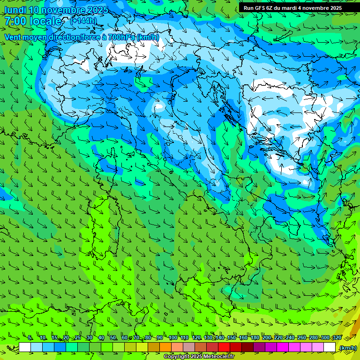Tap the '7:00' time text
[x=15, y=21]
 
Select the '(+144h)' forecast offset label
[x=83, y=21]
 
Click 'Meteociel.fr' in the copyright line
[x=216, y=357]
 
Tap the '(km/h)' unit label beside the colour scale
[x=347, y=348]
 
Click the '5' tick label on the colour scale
[x=30, y=338]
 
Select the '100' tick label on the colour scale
[x=172, y=338]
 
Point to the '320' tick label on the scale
[x=337, y=338]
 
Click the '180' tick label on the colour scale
[x=255, y=338]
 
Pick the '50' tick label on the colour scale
[x=113, y=338]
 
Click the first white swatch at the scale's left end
[x=25, y=347]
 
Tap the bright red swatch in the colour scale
[x=224, y=347]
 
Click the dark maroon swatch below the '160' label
[x=247, y=347]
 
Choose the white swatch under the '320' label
[x=330, y=347]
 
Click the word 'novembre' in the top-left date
[x=66, y=10]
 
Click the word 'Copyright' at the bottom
[x=176, y=357]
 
